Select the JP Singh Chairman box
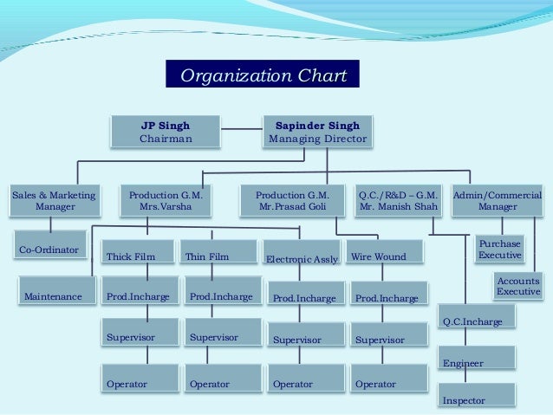coord(166,131)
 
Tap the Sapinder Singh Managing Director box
coord(317,131)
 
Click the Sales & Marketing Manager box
coord(55,202)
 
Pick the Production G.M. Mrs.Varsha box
coord(165,202)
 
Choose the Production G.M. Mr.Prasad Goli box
coord(293,202)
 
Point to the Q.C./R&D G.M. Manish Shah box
coord(398,202)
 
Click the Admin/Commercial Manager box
coord(498,202)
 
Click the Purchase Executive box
coord(500,250)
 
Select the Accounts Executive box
coord(517,286)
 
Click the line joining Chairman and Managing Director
coord(241,129)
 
